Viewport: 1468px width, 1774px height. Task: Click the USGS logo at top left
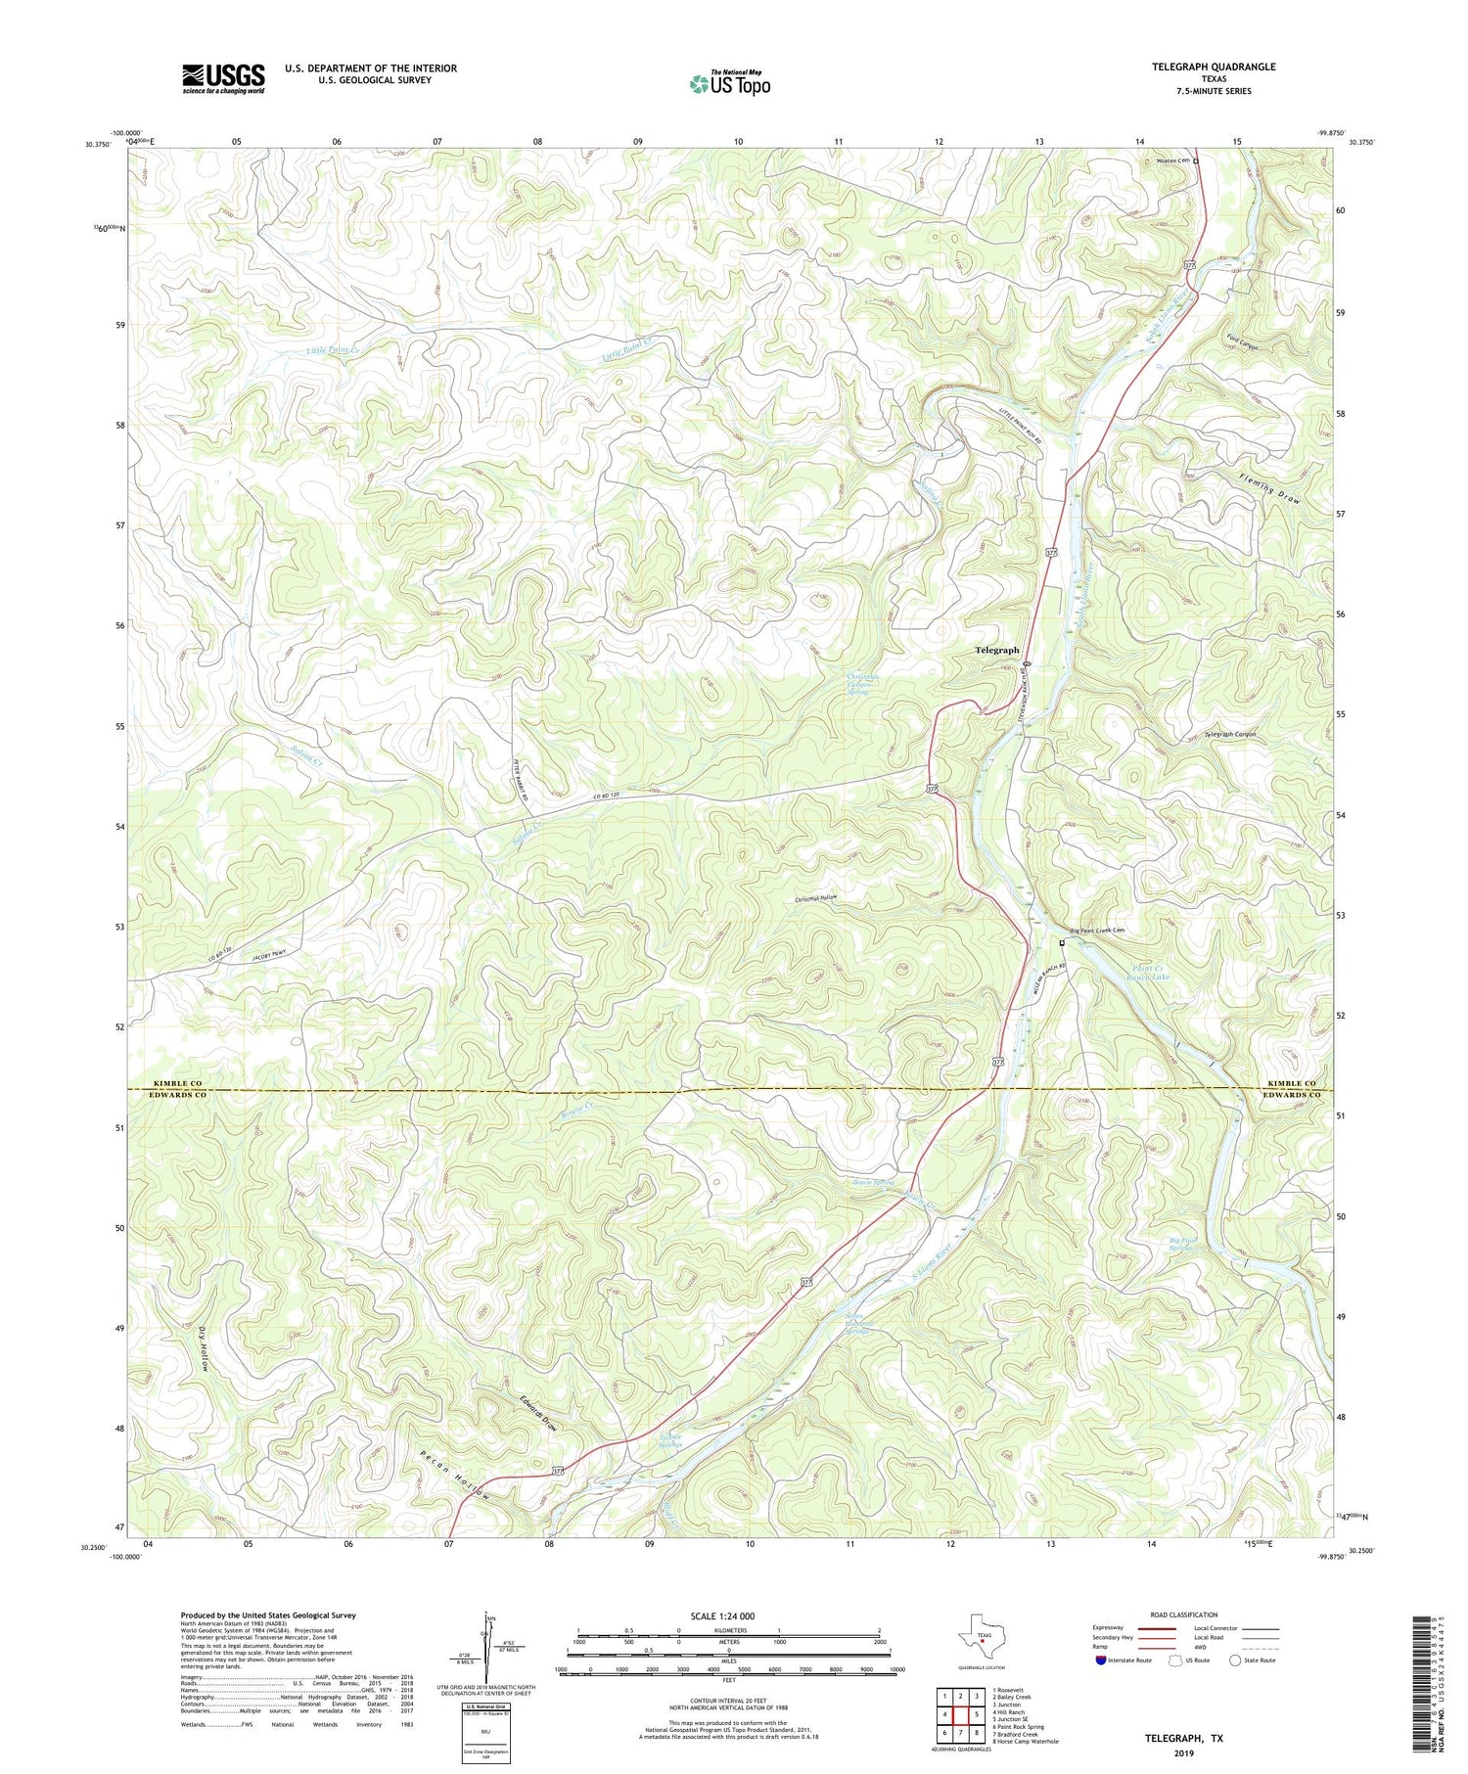pos(223,78)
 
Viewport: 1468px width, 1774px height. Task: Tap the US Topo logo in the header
pos(729,83)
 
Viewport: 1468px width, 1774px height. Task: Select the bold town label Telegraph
pos(996,650)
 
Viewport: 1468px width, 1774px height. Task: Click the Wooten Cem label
pos(1171,160)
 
